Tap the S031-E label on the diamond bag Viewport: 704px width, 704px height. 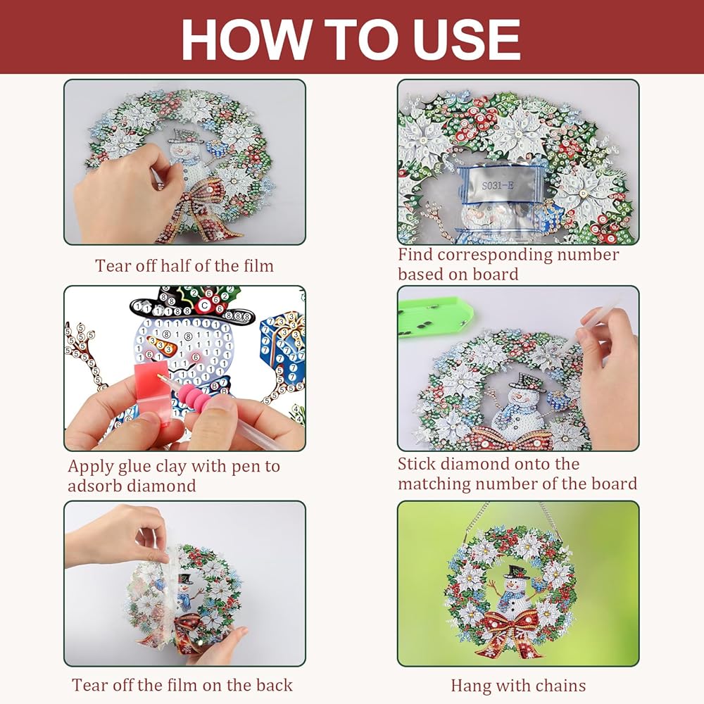click(x=498, y=185)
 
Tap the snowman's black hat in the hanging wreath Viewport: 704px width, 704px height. click(x=516, y=572)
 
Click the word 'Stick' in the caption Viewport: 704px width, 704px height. click(x=416, y=464)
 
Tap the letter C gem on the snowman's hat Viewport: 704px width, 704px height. click(x=205, y=306)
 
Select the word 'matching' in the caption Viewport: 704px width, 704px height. click(x=434, y=484)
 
